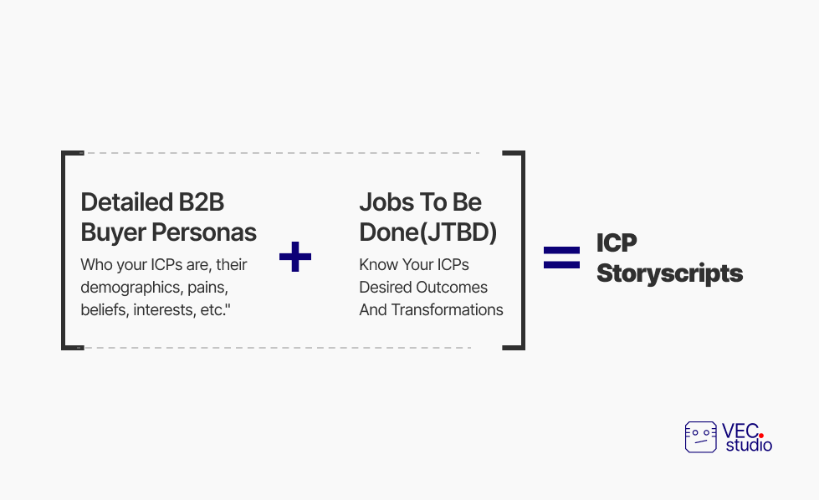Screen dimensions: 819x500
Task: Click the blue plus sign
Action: point(295,256)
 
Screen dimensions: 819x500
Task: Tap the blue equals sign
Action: point(561,258)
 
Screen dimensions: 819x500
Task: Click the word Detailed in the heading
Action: point(126,202)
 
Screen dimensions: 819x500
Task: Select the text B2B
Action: point(202,202)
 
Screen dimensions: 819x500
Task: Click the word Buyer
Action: point(113,233)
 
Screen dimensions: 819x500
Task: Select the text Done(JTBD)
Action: point(428,232)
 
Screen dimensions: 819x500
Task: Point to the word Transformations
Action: point(447,309)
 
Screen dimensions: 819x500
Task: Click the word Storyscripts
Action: point(669,273)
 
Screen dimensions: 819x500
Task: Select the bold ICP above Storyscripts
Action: point(617,242)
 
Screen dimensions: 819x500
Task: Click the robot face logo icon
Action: point(701,437)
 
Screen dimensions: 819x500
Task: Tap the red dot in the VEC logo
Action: point(761,436)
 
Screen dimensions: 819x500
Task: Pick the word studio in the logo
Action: point(749,445)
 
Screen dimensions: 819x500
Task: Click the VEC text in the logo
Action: point(740,431)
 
